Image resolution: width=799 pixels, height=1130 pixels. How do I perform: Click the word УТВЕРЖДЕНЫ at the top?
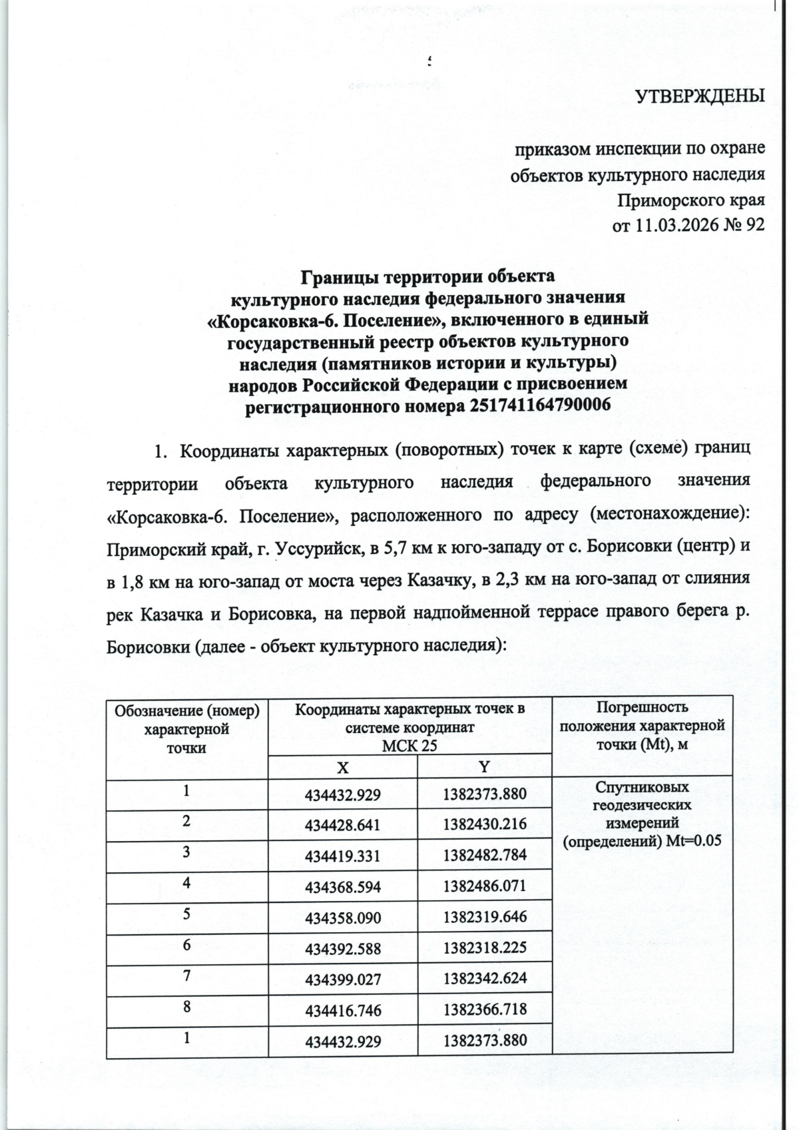[x=700, y=97]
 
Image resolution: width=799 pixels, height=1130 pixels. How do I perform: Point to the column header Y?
[x=485, y=767]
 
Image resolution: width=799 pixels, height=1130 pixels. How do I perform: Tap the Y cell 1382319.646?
[x=485, y=918]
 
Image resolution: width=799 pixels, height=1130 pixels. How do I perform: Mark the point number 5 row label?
[x=187, y=914]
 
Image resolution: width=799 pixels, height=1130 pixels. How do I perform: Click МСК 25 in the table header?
[x=409, y=746]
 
